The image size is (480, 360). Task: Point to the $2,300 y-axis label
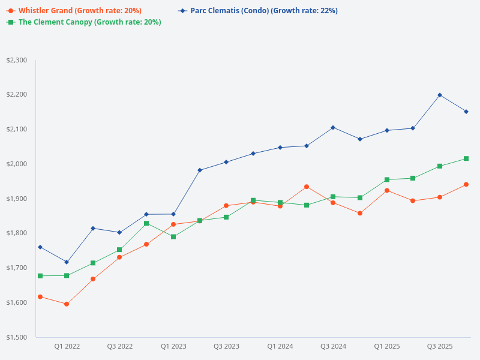pyautogui.click(x=16, y=60)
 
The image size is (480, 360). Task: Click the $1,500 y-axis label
pyautogui.click(x=16, y=337)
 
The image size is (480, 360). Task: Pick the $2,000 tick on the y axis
pyautogui.click(x=16, y=164)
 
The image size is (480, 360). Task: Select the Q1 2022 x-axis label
pyautogui.click(x=67, y=346)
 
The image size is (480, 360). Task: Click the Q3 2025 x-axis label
pyautogui.click(x=440, y=346)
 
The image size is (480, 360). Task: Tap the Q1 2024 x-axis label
pyautogui.click(x=280, y=346)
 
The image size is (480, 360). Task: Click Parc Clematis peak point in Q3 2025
pyautogui.click(x=440, y=95)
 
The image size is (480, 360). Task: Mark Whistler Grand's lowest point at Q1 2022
pyautogui.click(x=67, y=304)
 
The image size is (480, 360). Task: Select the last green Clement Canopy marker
pyautogui.click(x=466, y=158)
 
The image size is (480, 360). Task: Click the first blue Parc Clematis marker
pyautogui.click(x=40, y=247)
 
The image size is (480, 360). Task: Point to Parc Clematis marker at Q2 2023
pyautogui.click(x=200, y=170)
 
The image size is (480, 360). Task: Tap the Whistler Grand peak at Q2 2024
pyautogui.click(x=307, y=187)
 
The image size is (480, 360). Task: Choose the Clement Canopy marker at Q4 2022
pyautogui.click(x=146, y=223)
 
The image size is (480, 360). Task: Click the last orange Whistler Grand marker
pyautogui.click(x=466, y=184)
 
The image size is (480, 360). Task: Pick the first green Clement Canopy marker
pyautogui.click(x=40, y=276)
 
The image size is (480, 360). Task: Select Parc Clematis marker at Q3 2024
pyautogui.click(x=333, y=127)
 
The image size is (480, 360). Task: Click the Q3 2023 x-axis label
pyautogui.click(x=226, y=346)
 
